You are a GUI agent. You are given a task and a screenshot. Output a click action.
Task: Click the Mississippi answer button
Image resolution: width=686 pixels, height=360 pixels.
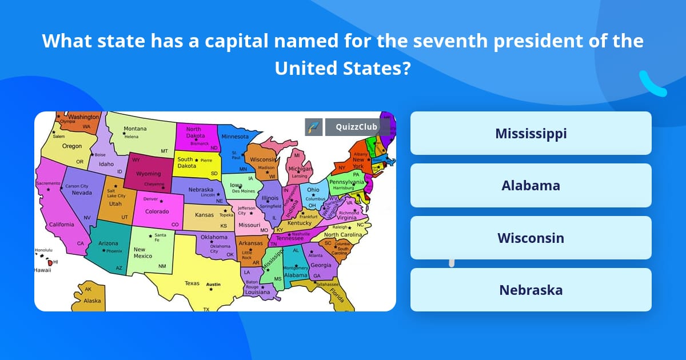pos(531,133)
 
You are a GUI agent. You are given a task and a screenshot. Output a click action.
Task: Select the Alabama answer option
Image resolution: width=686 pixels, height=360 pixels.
pos(531,186)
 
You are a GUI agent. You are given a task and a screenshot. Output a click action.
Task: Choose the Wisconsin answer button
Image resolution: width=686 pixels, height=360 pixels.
pos(531,238)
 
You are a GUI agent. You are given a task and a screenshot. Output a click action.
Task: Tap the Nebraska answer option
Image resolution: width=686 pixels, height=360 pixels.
pos(531,290)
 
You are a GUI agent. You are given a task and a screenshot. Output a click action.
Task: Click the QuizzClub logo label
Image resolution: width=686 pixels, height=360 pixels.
pos(357,127)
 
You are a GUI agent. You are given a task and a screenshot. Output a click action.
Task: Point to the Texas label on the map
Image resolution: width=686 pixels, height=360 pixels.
pos(192,283)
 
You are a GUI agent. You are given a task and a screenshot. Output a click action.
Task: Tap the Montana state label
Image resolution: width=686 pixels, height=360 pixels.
pos(135,129)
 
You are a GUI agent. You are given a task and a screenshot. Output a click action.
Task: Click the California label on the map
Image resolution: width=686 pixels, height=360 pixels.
pos(61,225)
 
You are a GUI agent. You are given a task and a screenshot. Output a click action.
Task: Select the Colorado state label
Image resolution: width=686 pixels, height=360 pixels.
pos(157,211)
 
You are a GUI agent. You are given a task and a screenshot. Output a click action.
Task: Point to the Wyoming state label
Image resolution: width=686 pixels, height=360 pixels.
pos(148,174)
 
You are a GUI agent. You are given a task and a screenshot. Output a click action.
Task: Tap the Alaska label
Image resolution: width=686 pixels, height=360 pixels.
pos(92,301)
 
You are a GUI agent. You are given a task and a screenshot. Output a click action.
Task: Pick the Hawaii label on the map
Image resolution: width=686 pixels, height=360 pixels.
pos(42,270)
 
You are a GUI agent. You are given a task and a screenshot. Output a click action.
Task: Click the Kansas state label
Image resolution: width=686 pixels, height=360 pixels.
pos(204,215)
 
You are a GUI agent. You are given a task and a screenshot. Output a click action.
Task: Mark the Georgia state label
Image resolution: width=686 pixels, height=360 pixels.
pos(321,265)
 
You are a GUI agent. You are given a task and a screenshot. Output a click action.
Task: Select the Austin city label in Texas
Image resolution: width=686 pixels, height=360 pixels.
pos(213,284)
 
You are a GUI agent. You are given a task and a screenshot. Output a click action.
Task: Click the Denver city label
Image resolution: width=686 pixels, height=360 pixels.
pos(151,199)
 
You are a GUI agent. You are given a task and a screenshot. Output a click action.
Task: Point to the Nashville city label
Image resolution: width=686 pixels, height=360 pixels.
pos(301,234)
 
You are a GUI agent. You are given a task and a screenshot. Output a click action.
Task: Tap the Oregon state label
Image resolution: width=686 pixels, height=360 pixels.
pos(72,146)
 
